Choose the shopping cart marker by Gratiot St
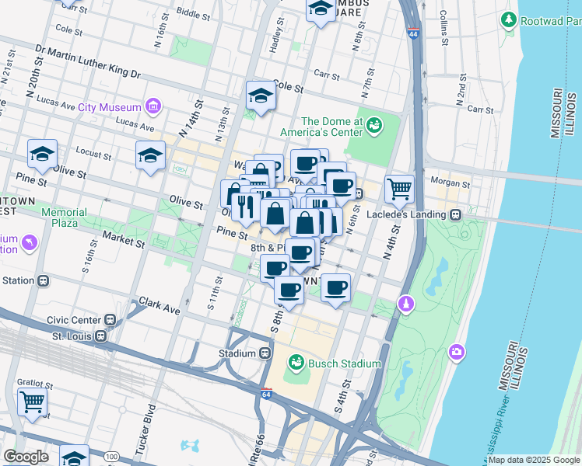33,402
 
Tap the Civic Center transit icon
110,319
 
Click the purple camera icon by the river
457,353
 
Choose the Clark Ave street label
159,306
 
